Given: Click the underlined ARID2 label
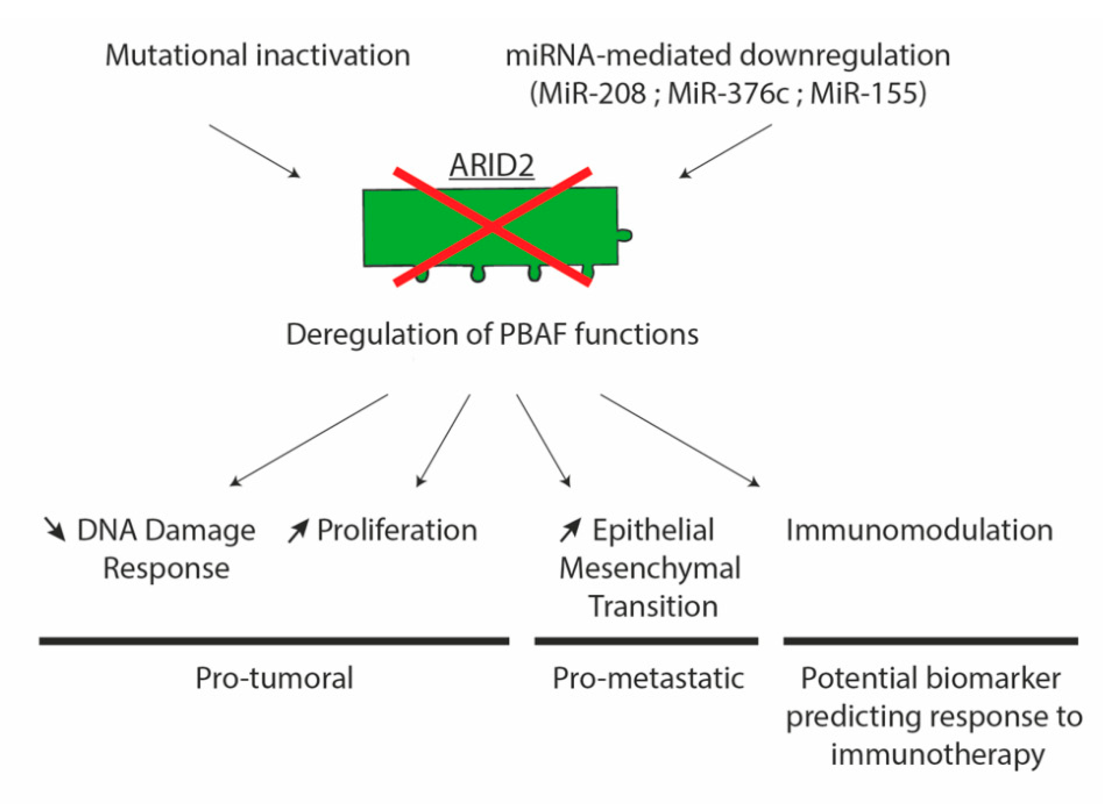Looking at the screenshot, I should pos(491,165).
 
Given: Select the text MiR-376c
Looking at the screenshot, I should pos(728,93).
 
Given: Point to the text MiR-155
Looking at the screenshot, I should pos(864,93).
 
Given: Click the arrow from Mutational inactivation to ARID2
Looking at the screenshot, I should pos(254,151).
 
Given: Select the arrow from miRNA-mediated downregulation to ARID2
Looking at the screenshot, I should pos(726,151).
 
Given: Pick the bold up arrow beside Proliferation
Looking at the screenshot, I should pos(298,530).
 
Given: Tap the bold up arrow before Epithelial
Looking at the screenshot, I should pos(570,530).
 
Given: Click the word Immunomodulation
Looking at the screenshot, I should pos(919,530).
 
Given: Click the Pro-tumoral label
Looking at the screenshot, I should pos(274,678).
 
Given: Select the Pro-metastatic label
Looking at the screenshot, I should pos(648,678).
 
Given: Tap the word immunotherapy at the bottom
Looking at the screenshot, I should pos(937,754).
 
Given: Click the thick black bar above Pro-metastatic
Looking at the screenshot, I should pos(646,641).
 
